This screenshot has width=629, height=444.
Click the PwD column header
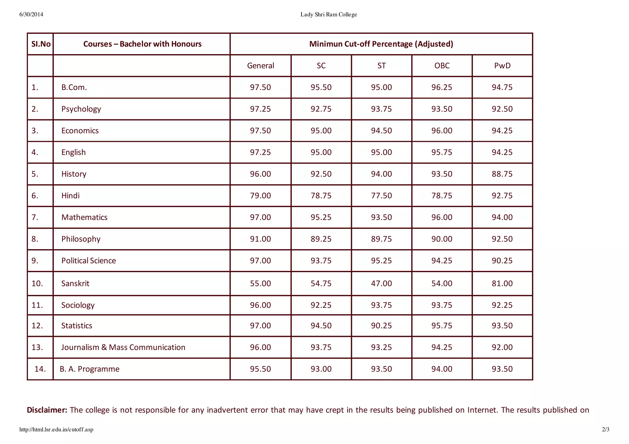click(502, 66)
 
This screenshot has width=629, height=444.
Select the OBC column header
click(442, 66)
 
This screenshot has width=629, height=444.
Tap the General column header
click(260, 66)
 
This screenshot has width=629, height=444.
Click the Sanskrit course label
click(75, 283)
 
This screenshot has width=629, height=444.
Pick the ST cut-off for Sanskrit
click(381, 283)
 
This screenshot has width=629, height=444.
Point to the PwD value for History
click(502, 174)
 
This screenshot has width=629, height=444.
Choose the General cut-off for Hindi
click(260, 196)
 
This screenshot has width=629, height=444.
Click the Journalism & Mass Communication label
click(123, 347)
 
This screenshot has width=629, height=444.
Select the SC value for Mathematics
click(321, 217)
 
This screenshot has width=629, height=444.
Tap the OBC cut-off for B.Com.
click(442, 87)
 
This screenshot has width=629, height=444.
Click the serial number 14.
click(40, 369)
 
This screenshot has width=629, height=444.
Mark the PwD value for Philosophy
click(502, 239)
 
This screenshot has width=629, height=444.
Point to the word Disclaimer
click(47, 410)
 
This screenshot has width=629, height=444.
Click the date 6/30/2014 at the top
click(31, 14)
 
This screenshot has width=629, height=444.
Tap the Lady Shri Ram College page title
click(329, 14)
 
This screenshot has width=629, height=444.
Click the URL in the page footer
click(56, 430)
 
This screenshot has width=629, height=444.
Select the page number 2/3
click(606, 430)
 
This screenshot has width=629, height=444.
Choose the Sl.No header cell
click(41, 44)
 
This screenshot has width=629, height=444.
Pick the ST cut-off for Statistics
click(381, 326)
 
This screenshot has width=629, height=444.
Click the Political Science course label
click(88, 261)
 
